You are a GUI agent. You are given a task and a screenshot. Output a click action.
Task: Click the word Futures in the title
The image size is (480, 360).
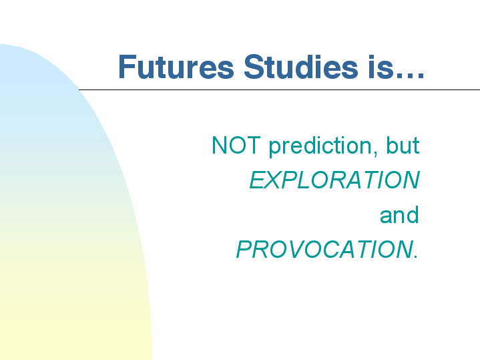pyautogui.click(x=176, y=67)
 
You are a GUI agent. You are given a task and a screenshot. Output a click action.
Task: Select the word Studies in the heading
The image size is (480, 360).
pyautogui.click(x=301, y=67)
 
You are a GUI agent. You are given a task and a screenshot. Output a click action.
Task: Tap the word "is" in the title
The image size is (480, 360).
pyautogui.click(x=381, y=67)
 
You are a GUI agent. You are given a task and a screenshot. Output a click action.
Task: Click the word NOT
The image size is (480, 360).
pyautogui.click(x=236, y=145)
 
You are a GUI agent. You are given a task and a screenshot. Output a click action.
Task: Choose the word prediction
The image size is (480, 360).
pyautogui.click(x=320, y=147)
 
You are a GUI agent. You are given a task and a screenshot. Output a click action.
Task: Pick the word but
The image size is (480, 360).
pyautogui.click(x=403, y=145)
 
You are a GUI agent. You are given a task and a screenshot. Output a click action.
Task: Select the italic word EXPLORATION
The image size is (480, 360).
pyautogui.click(x=334, y=180)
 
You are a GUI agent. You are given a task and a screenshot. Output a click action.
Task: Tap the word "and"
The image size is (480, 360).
pyautogui.click(x=399, y=214)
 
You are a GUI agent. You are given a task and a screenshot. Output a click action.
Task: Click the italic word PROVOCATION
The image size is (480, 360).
pyautogui.click(x=325, y=249)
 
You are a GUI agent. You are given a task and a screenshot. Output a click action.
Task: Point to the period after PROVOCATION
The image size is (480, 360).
pyautogui.click(x=415, y=256)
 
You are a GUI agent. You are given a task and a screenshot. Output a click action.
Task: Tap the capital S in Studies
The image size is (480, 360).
pyautogui.click(x=254, y=67)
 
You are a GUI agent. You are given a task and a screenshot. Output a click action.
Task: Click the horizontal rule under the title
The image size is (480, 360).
pyautogui.click(x=279, y=89)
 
